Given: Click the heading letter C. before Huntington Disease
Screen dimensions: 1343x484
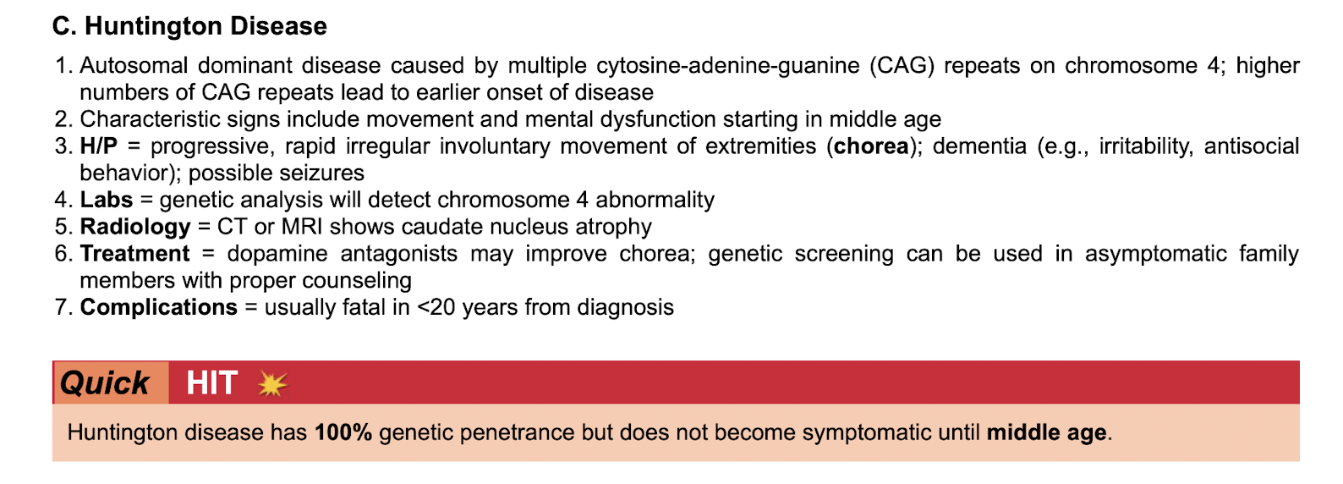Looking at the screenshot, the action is pyautogui.click(x=64, y=26).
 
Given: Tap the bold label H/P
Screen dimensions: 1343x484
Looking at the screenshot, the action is pyautogui.click(x=98, y=146).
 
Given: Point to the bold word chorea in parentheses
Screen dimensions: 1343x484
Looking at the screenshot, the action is pyautogui.click(x=871, y=146).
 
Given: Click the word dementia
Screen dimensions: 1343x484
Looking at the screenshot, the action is pyautogui.click(x=979, y=146).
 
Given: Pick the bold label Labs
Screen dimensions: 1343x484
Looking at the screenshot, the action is pyautogui.click(x=106, y=200).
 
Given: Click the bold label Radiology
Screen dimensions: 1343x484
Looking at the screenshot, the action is pyautogui.click(x=135, y=228).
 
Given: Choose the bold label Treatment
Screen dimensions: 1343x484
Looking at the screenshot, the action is pyautogui.click(x=135, y=254).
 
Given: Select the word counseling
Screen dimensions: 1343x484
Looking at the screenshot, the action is pyautogui.click(x=357, y=281).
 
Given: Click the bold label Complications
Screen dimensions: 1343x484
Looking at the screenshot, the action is pyautogui.click(x=158, y=308).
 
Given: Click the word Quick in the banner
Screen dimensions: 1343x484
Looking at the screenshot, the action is pyautogui.click(x=104, y=383).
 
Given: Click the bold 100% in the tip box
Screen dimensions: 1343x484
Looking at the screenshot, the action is pyautogui.click(x=343, y=432).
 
